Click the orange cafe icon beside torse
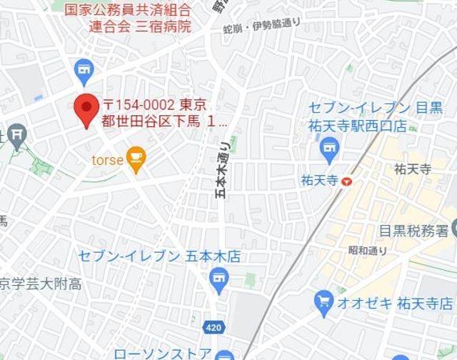[136, 159]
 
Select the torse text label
[107, 160]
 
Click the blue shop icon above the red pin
[84, 70]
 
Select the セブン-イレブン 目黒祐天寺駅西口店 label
[375, 116]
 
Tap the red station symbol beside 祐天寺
[346, 181]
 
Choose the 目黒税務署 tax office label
[413, 230]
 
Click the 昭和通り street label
[367, 251]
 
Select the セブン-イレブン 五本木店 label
[159, 256]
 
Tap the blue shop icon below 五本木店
[219, 279]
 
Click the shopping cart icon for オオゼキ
[324, 301]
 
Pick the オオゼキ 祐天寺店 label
[395, 301]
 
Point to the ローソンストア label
[163, 354]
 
